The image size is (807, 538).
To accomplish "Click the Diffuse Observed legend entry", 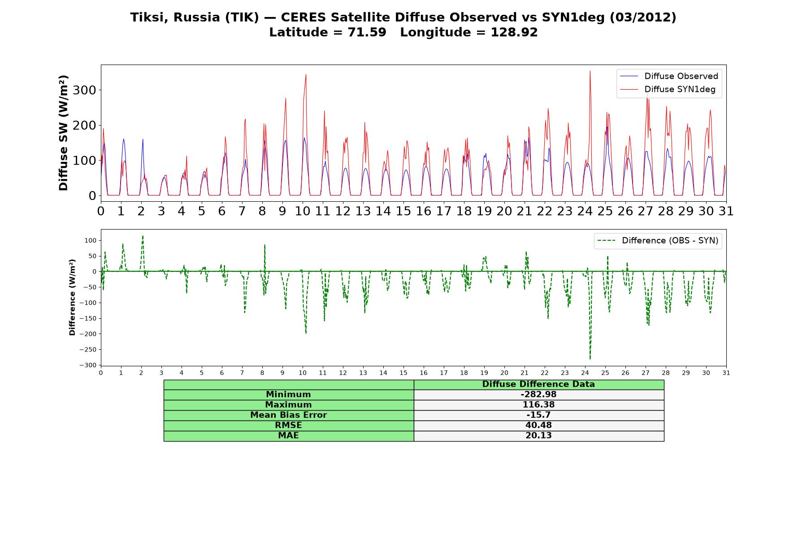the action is coord(669,76).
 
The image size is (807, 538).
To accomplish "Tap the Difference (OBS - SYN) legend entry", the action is coord(658,241).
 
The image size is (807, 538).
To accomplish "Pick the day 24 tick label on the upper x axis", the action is coord(585,211).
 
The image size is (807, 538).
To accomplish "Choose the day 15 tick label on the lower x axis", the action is coord(403,373).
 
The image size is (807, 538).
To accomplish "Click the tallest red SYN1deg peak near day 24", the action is coord(590,71).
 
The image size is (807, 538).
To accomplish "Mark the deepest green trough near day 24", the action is coord(590,359).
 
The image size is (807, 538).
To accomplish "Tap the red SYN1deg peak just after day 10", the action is coord(306,74).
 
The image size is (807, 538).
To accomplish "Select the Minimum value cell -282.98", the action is coord(538,395).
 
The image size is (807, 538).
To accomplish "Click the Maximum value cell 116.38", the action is coord(538,405).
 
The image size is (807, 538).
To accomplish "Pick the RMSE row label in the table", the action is coord(289,425).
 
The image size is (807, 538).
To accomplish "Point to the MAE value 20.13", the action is coord(538,436).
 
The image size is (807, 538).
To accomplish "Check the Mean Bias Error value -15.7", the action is coord(538,415).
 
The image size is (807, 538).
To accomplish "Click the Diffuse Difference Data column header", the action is coord(538,384).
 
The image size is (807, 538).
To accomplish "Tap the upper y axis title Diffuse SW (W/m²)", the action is coord(64,133).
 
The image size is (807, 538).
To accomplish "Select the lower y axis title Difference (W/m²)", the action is coord(72,297).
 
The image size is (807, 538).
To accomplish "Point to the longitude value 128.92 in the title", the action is coord(514,32).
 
